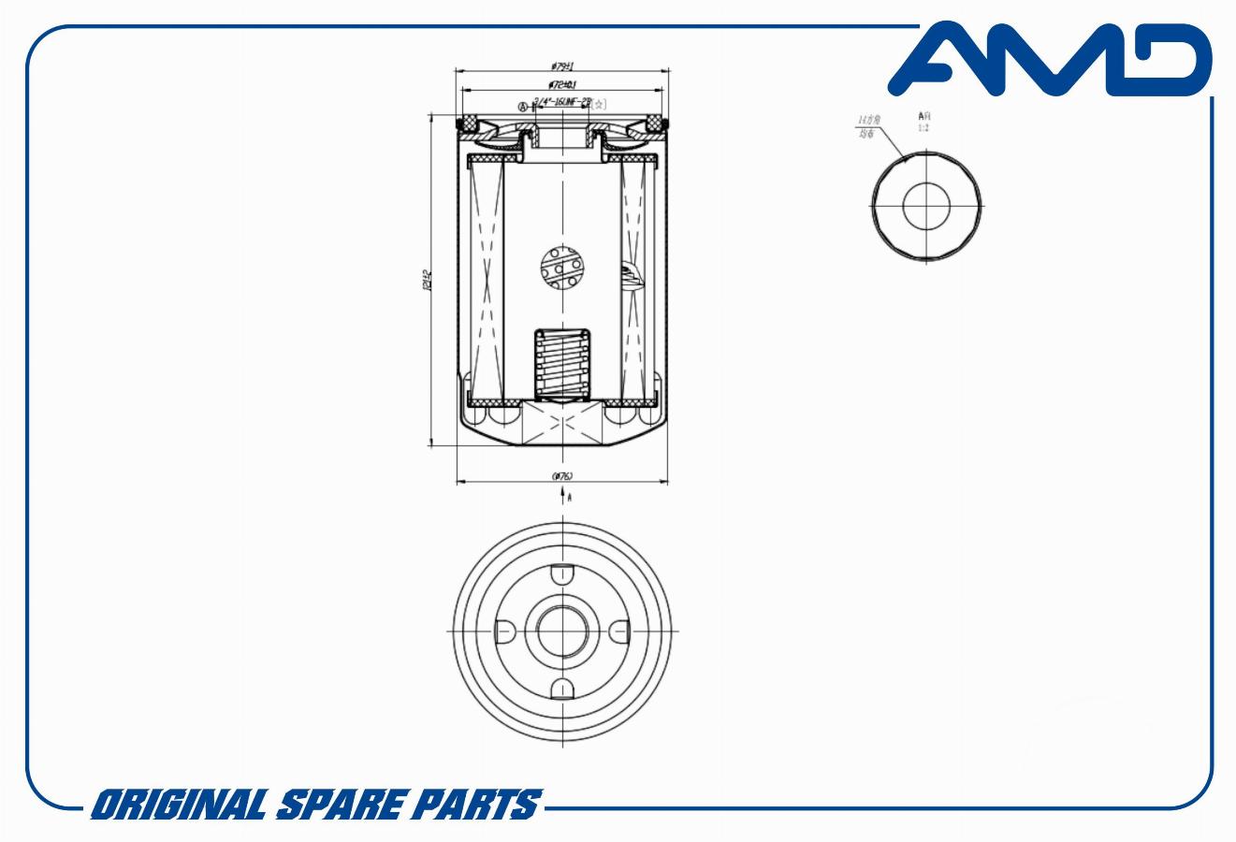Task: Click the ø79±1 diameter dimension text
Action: coord(561,66)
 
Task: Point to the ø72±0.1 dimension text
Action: coord(561,85)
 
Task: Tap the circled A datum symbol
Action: coord(523,106)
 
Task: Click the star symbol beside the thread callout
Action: coord(600,104)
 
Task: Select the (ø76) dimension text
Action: coord(561,476)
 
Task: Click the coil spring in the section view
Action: coord(560,365)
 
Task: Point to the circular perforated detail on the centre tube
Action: coord(562,268)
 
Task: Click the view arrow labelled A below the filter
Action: coord(564,498)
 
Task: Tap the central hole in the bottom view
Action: coord(561,631)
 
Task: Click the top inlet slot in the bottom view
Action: coord(561,574)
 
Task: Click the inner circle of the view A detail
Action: coord(926,206)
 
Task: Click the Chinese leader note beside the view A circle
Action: coord(869,127)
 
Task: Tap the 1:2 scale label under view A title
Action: coord(923,127)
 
